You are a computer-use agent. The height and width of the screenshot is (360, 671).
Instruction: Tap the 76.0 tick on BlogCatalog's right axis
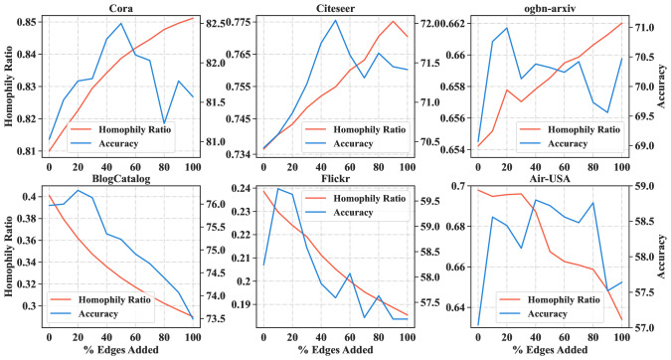click(x=219, y=205)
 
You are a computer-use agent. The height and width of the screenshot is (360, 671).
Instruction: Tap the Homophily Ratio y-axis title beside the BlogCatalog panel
click(x=8, y=254)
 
